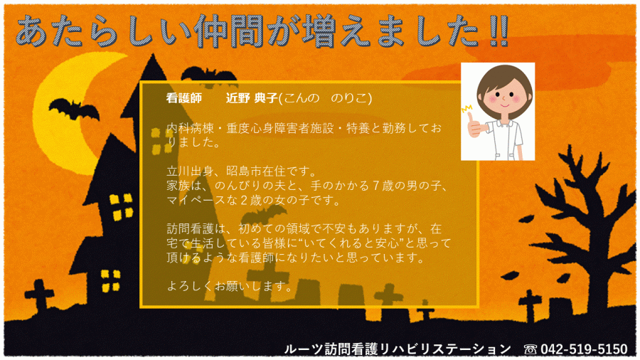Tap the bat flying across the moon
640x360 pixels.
coord(74,110)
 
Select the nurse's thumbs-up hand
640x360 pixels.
coord(476,125)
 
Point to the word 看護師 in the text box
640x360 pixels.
coord(183,98)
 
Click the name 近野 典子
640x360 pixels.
coord(252,98)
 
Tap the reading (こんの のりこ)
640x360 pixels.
coord(325,98)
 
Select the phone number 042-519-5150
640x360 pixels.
coord(584,349)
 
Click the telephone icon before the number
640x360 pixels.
coord(530,349)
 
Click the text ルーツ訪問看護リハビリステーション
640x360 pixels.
coord(398,349)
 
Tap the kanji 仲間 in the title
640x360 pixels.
coord(229,31)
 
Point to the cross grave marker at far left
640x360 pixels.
coord(39,295)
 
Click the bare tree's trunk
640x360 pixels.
coord(594,265)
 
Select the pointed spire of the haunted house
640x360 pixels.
coord(153,70)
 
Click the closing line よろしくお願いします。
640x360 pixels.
coord(230,286)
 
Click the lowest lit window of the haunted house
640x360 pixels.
coord(111,281)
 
